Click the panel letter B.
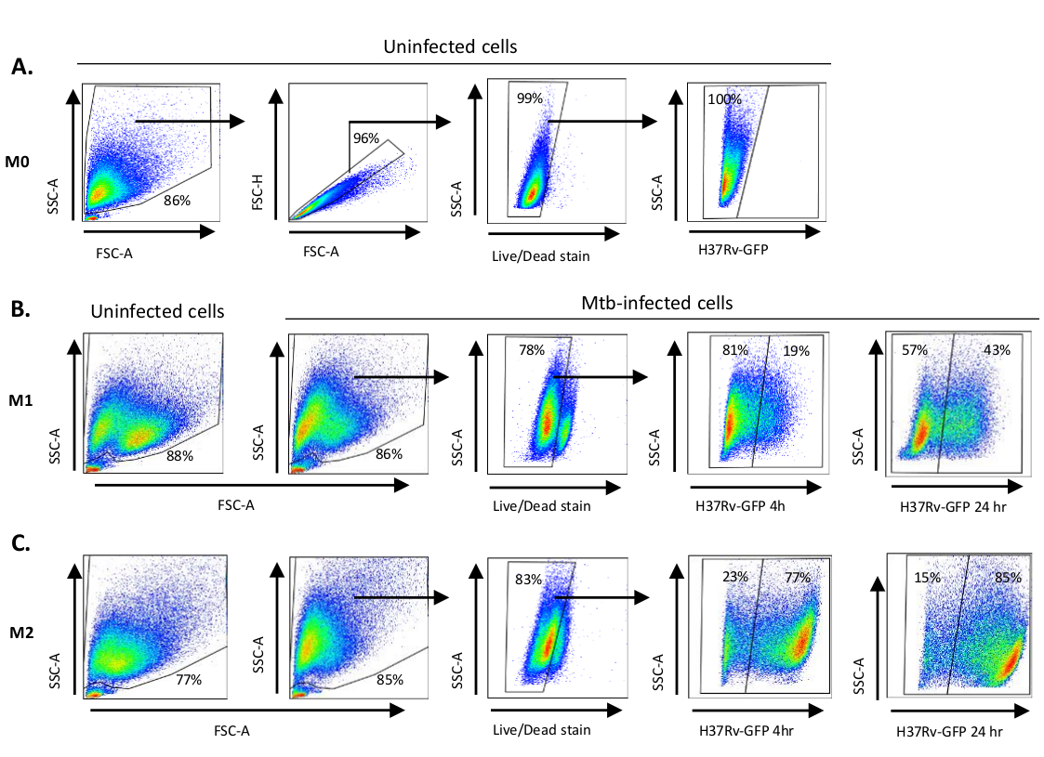point(22,311)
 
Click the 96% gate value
point(366,138)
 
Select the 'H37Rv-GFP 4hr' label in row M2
point(748,731)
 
